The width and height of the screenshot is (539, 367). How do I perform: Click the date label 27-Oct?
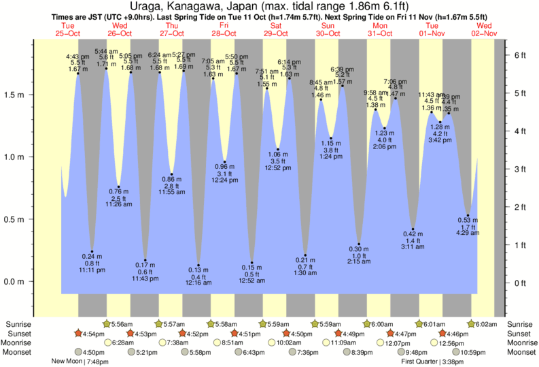coord(171,33)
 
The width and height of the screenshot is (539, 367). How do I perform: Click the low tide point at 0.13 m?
coord(198,266)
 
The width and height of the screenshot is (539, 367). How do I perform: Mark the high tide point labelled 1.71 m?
coord(106,68)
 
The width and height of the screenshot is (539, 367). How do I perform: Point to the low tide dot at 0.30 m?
coord(359,244)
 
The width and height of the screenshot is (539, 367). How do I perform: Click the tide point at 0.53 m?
coord(468,216)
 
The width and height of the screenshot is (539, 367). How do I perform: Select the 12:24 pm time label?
coord(224,180)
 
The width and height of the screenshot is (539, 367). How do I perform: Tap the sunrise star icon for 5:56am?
coord(106,324)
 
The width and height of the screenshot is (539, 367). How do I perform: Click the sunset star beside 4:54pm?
coord(78,334)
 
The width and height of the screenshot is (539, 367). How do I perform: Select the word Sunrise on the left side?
coord(18,324)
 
